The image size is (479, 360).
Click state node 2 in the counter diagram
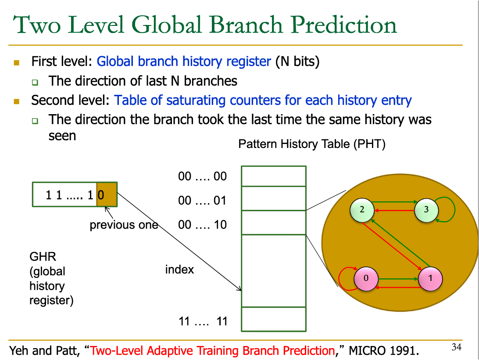(x=362, y=210)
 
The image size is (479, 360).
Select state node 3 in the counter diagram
(x=426, y=210)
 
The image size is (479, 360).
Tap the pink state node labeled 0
(x=366, y=278)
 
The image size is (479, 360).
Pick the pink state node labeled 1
(x=430, y=278)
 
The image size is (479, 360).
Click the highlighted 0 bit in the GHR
(x=107, y=195)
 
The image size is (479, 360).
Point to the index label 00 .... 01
(x=202, y=201)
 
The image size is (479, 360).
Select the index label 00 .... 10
(x=202, y=225)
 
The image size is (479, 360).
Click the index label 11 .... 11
(x=203, y=321)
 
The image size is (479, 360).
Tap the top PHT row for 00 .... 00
(x=274, y=176)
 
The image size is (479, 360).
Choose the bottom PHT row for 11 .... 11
(x=274, y=319)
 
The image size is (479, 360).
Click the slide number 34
(x=456, y=347)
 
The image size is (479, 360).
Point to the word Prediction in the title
(x=343, y=25)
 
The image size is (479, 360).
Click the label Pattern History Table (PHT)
(x=312, y=144)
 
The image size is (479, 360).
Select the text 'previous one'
(x=124, y=225)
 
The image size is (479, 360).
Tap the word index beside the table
(x=180, y=270)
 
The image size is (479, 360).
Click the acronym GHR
(x=43, y=257)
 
